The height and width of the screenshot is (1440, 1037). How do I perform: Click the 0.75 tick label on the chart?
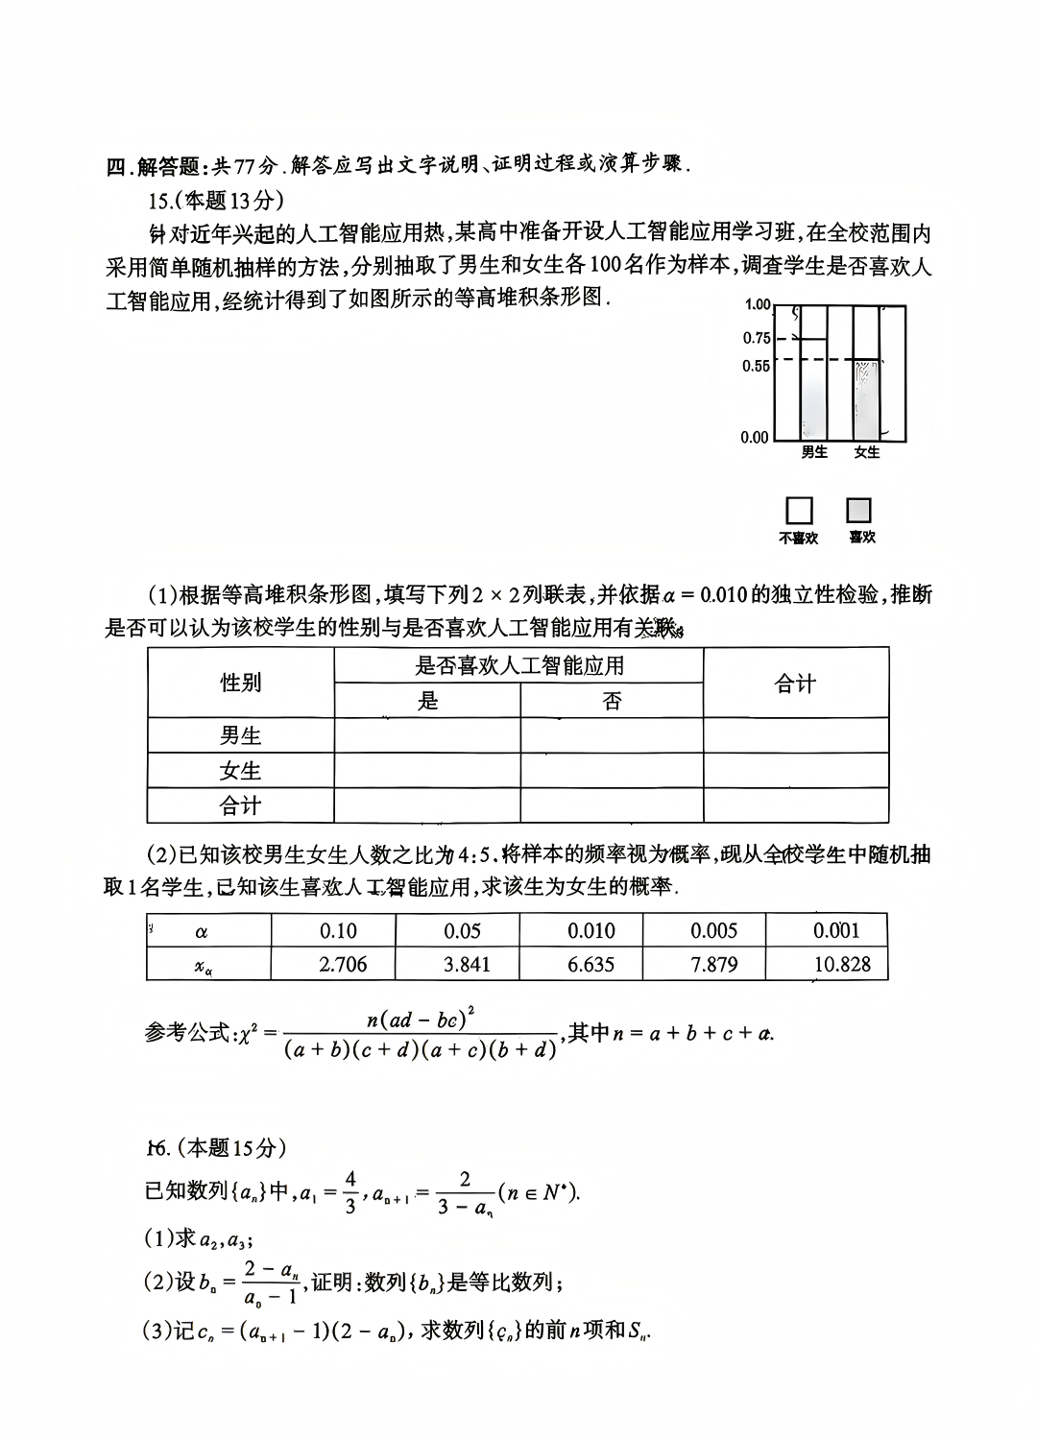click(757, 338)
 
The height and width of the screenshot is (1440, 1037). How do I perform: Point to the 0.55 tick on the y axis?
click(757, 366)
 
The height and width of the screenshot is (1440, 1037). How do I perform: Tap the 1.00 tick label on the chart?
click(758, 304)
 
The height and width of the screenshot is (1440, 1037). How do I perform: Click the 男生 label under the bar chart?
click(814, 452)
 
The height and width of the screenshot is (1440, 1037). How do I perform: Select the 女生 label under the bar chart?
click(867, 452)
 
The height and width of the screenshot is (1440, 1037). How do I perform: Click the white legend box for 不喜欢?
click(799, 510)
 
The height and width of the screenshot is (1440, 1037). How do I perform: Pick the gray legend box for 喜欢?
click(859, 510)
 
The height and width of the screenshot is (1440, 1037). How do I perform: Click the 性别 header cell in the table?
click(240, 683)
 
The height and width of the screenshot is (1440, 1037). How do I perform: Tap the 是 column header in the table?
click(427, 701)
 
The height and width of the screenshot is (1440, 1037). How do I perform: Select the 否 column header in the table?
click(612, 701)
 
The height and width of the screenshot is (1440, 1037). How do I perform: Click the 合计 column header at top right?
click(795, 683)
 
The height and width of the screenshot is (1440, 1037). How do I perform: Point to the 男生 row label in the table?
click(240, 735)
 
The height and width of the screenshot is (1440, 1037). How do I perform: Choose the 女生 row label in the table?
click(240, 771)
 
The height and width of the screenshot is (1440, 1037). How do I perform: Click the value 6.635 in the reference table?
click(591, 964)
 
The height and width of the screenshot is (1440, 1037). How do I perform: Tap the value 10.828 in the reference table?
click(841, 964)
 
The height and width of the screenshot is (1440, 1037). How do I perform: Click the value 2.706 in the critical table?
click(343, 964)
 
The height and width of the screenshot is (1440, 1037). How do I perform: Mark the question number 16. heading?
click(158, 1147)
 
